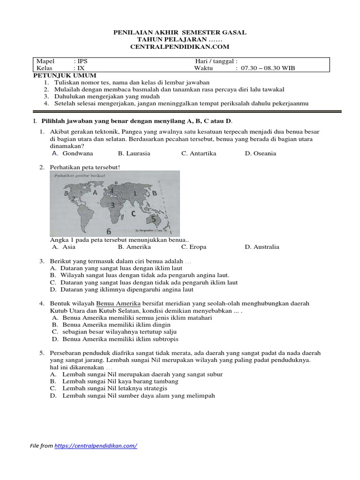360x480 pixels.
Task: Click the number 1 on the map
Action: pos(135,193)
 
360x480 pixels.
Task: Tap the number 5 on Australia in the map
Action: pos(153,218)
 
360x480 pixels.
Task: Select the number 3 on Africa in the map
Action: pos(112,205)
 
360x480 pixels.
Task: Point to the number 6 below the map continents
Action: pos(108,231)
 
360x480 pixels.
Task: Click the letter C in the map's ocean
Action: pos(134,213)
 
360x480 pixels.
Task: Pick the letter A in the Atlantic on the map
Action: pos(95,192)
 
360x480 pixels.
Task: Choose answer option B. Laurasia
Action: pos(134,153)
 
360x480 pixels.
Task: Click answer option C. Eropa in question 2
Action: pos(194,247)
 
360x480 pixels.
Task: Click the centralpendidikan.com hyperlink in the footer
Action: pos(96,446)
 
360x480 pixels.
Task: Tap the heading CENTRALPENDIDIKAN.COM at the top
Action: pos(180,47)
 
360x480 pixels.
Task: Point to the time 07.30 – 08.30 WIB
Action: pos(268,68)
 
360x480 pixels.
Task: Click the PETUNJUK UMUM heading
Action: pos(65,75)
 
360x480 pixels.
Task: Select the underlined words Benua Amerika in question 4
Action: pos(115,304)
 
